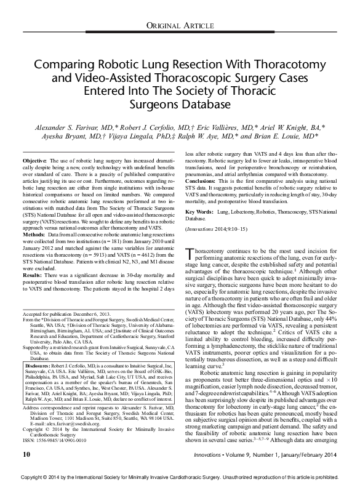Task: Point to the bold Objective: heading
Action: [35, 159]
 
